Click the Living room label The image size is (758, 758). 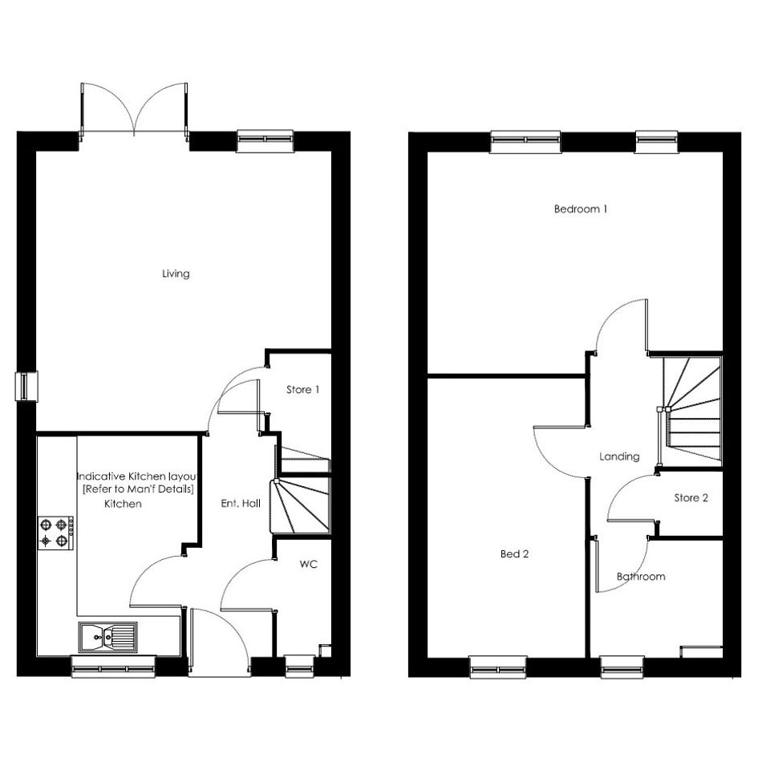[176, 274]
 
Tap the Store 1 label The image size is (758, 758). [302, 390]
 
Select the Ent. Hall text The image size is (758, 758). [241, 503]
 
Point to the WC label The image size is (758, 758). [309, 564]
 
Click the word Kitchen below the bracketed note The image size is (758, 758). [124, 504]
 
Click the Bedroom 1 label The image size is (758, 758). [581, 209]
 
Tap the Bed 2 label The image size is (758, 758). [514, 554]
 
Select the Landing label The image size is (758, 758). [619, 456]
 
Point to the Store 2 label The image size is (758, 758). [691, 498]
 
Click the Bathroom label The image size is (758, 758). [641, 576]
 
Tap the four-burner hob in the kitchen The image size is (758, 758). [55, 533]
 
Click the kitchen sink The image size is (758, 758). [107, 637]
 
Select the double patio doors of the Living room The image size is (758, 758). [134, 110]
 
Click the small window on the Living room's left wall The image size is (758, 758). [26, 387]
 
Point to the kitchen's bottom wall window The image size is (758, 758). [114, 666]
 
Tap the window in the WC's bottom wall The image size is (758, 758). [300, 666]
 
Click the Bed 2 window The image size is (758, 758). [498, 667]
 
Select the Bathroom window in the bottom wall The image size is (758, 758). [622, 667]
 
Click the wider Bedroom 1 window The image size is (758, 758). [525, 142]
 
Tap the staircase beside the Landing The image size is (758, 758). [691, 411]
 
